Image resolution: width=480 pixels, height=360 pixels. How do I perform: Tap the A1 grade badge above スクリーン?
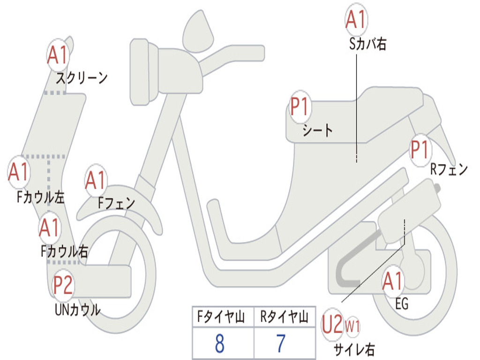click(59, 56)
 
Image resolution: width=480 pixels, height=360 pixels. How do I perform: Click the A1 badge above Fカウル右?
click(50, 228)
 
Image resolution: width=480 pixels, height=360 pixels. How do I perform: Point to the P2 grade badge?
click(63, 285)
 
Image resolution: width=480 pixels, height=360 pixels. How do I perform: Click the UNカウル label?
click(77, 310)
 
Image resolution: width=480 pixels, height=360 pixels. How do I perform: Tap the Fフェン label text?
click(117, 203)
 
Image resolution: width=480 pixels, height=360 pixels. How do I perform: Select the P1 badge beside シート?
click(300, 107)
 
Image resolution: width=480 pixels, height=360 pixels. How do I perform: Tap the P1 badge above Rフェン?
click(420, 150)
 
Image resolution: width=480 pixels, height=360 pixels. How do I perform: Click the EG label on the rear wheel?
click(402, 304)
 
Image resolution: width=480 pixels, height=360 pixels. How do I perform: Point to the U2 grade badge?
click(332, 325)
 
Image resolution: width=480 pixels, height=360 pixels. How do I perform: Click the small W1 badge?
click(352, 326)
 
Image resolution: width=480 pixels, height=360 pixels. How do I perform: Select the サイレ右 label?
click(354, 349)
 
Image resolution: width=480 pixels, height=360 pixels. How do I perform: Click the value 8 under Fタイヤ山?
click(219, 344)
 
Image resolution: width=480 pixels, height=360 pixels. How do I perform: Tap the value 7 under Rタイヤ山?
click(280, 344)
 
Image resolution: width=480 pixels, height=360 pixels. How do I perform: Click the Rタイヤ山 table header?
click(284, 318)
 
